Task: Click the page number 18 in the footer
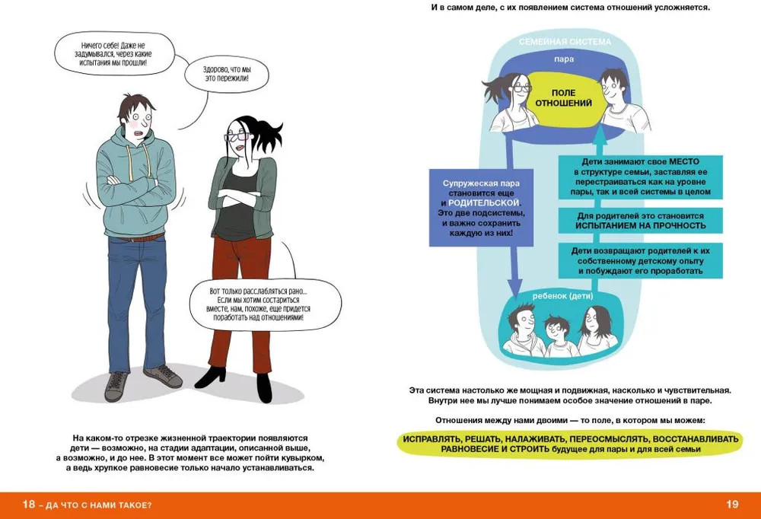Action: tap(28, 505)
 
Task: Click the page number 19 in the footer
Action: tap(732, 505)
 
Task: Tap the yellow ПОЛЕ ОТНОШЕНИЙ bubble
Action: tap(563, 97)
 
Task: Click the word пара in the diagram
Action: tap(563, 59)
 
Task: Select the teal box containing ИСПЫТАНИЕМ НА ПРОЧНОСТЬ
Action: tap(639, 221)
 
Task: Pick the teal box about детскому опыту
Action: tap(639, 260)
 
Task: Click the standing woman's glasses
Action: tap(233, 136)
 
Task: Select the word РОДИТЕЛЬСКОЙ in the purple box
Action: tap(484, 203)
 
